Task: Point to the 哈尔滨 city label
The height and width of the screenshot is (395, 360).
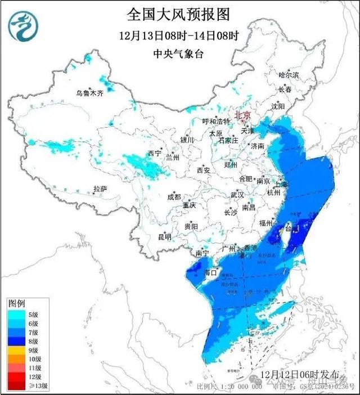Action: (x=289, y=75)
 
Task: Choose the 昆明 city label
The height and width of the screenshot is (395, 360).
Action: (x=165, y=237)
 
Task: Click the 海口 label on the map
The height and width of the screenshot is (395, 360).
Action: (x=210, y=273)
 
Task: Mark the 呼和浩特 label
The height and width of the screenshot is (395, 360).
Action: (x=216, y=122)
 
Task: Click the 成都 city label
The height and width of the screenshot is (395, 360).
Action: (x=174, y=196)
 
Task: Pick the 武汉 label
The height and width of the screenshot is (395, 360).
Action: (x=237, y=195)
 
